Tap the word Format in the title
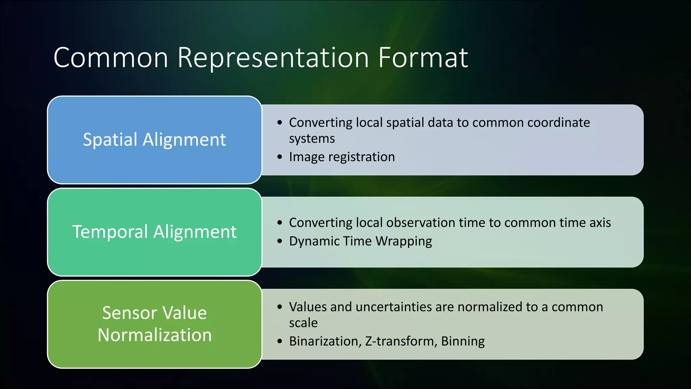point(423,58)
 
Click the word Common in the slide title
point(111,58)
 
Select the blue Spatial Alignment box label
point(154,140)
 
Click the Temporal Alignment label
point(154,232)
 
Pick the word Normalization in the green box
point(155,335)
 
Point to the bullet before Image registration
point(279,157)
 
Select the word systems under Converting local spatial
point(312,139)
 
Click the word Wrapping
point(404,241)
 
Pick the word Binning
point(463,341)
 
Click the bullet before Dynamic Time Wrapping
point(279,241)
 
